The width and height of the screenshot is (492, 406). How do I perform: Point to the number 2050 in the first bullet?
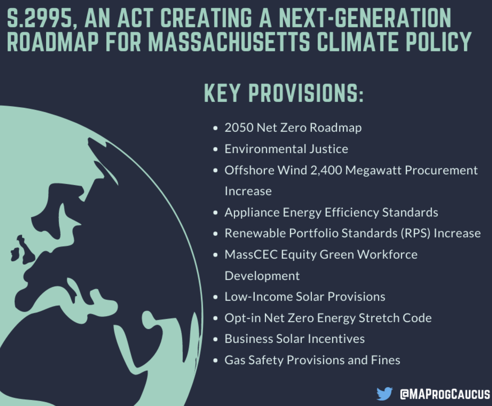(x=239, y=127)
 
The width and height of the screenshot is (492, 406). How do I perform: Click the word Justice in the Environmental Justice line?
(x=329, y=149)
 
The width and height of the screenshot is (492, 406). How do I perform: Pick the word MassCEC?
(x=251, y=255)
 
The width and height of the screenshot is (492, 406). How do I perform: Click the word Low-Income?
(x=259, y=297)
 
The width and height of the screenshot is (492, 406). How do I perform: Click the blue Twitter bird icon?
(x=384, y=394)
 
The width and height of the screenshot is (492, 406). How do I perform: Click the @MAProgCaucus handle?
(x=445, y=394)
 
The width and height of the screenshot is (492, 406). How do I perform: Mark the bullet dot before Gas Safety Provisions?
(x=216, y=361)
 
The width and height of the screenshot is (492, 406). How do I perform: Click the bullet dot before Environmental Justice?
(x=216, y=149)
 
